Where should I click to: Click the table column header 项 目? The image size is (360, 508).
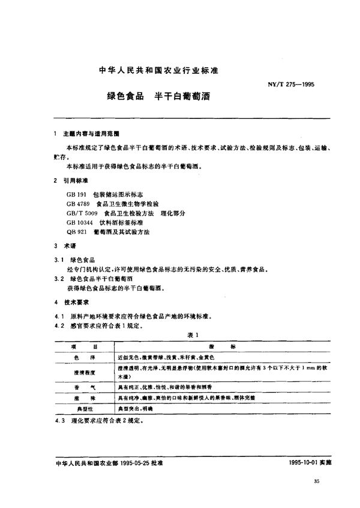tap(83, 346)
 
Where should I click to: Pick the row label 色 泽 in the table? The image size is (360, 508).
tap(83, 357)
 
